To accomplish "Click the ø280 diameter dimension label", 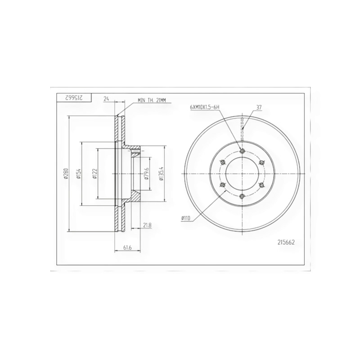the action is click(66, 174).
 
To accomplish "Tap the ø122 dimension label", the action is click(94, 174).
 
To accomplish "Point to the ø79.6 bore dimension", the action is click(147, 174).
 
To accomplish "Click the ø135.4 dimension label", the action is click(162, 174).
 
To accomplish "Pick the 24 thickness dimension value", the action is click(106, 99).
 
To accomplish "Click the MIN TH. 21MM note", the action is click(152, 100).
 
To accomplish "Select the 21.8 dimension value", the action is click(147, 225).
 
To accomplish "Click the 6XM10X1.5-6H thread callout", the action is click(204, 107).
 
